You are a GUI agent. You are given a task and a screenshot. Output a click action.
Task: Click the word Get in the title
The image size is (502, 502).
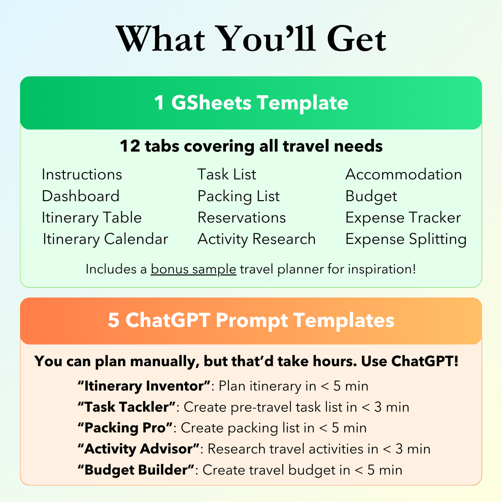point(356,39)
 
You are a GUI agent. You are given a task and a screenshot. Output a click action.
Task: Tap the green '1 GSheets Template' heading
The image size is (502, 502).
point(251,102)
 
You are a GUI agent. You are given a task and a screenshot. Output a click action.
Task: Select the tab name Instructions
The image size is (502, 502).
point(82,174)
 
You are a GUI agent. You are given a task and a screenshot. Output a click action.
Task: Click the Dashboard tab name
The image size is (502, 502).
point(81,196)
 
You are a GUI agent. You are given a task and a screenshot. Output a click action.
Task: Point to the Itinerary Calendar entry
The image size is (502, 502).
point(106,239)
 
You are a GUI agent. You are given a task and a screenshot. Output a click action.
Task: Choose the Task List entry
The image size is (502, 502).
point(227,174)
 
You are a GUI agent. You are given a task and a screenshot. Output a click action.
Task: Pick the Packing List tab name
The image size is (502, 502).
point(238,196)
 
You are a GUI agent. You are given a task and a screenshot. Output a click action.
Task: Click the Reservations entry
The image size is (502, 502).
point(241,217)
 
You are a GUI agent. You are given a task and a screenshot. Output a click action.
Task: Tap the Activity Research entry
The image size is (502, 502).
point(257,239)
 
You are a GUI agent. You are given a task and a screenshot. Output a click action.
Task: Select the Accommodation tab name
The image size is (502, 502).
point(404,174)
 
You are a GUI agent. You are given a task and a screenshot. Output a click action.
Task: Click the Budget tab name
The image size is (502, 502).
point(371,196)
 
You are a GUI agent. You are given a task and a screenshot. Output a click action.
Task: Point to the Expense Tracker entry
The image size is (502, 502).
point(403,218)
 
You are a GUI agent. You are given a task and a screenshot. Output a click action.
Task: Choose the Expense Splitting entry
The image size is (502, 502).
point(406,239)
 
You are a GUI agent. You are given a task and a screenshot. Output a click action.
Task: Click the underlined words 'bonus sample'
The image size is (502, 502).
point(194,269)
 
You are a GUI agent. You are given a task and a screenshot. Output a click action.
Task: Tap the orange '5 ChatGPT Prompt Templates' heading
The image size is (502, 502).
point(251,320)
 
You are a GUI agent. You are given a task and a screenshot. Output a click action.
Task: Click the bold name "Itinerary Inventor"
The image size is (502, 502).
point(144,386)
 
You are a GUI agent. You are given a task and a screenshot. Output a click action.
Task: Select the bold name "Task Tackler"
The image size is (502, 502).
point(126,407)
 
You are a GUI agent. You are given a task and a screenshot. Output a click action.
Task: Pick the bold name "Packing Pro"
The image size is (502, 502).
point(125,428)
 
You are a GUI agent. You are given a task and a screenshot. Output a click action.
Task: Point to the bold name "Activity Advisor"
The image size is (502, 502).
point(139,449)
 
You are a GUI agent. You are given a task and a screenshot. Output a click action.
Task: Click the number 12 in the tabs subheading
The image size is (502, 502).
point(130,146)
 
